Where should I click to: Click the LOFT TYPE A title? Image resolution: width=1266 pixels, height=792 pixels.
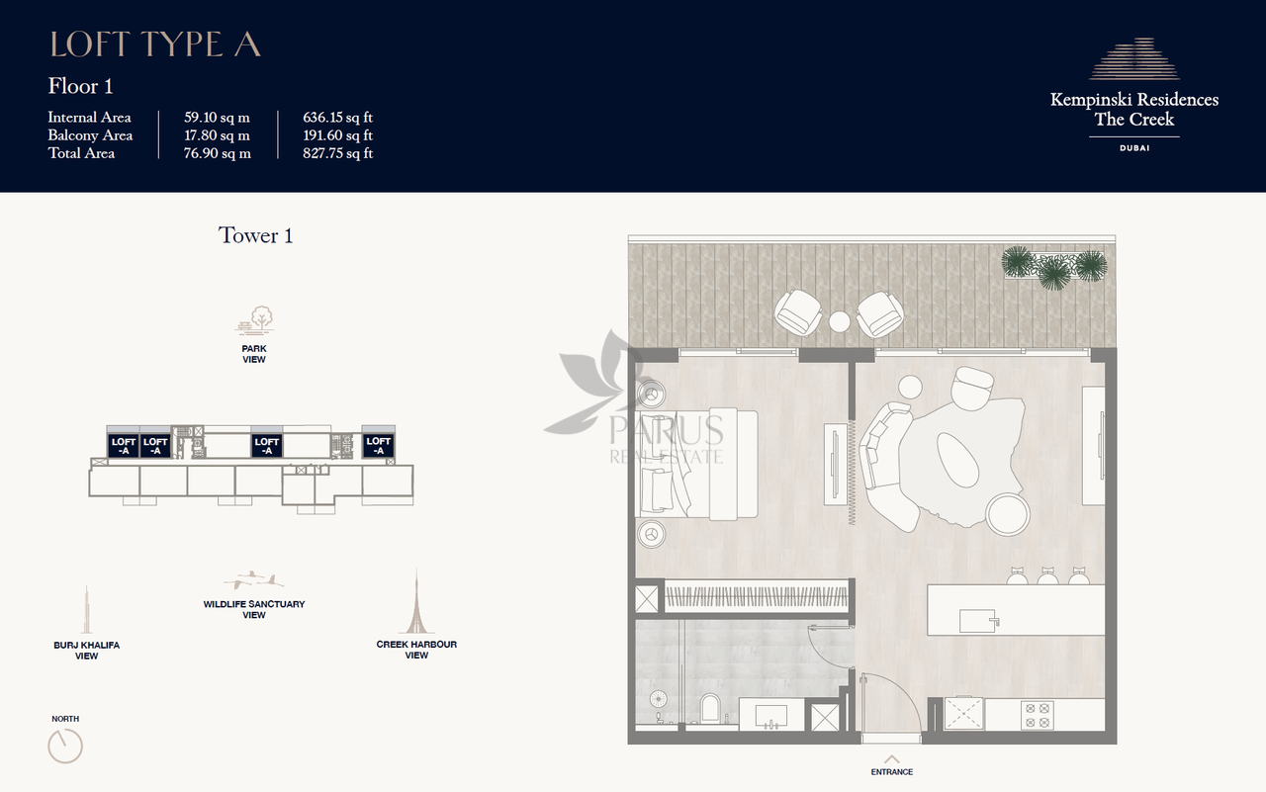click(155, 44)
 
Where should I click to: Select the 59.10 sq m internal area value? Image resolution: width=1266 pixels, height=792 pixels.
click(217, 118)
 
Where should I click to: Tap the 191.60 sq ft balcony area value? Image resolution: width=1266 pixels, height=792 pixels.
click(337, 135)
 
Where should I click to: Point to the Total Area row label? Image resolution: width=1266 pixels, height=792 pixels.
click(81, 153)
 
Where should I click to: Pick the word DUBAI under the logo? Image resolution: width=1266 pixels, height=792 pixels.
click(1134, 148)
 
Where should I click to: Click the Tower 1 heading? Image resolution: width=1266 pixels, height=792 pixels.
click(255, 235)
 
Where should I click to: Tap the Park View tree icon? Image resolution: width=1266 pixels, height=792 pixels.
click(255, 320)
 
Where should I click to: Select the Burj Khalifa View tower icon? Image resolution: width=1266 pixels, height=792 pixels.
click(86, 609)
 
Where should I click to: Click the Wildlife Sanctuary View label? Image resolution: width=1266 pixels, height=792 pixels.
click(254, 609)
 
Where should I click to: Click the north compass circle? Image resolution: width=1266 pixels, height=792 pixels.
click(65, 747)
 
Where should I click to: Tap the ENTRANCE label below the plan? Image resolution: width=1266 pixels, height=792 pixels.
click(892, 771)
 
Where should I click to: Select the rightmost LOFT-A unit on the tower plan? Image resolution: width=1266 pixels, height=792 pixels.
click(378, 445)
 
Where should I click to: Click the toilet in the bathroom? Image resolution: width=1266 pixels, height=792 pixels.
click(709, 708)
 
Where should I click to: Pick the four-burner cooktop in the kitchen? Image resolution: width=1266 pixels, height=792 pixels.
click(1038, 715)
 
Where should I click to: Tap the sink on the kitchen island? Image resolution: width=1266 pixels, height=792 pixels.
click(978, 621)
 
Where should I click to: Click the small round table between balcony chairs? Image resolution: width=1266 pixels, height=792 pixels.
click(840, 322)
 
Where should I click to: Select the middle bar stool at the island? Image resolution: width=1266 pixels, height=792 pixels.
click(1047, 576)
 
